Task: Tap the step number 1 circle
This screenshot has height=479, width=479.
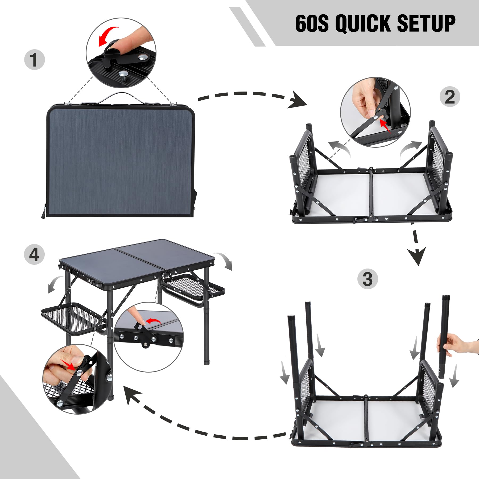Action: coord(34,60)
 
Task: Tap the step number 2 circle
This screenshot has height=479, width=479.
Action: coord(450,97)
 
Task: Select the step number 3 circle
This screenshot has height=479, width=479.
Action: coord(367,279)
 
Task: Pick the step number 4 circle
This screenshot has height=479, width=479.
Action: coord(34,255)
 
